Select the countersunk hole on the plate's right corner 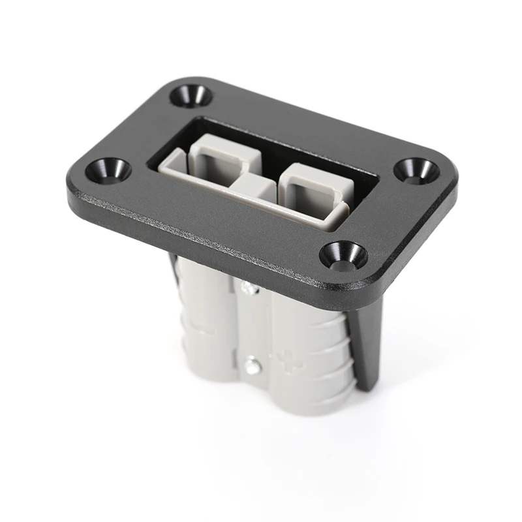416,170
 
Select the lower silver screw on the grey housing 251,367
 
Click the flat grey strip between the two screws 251,326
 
